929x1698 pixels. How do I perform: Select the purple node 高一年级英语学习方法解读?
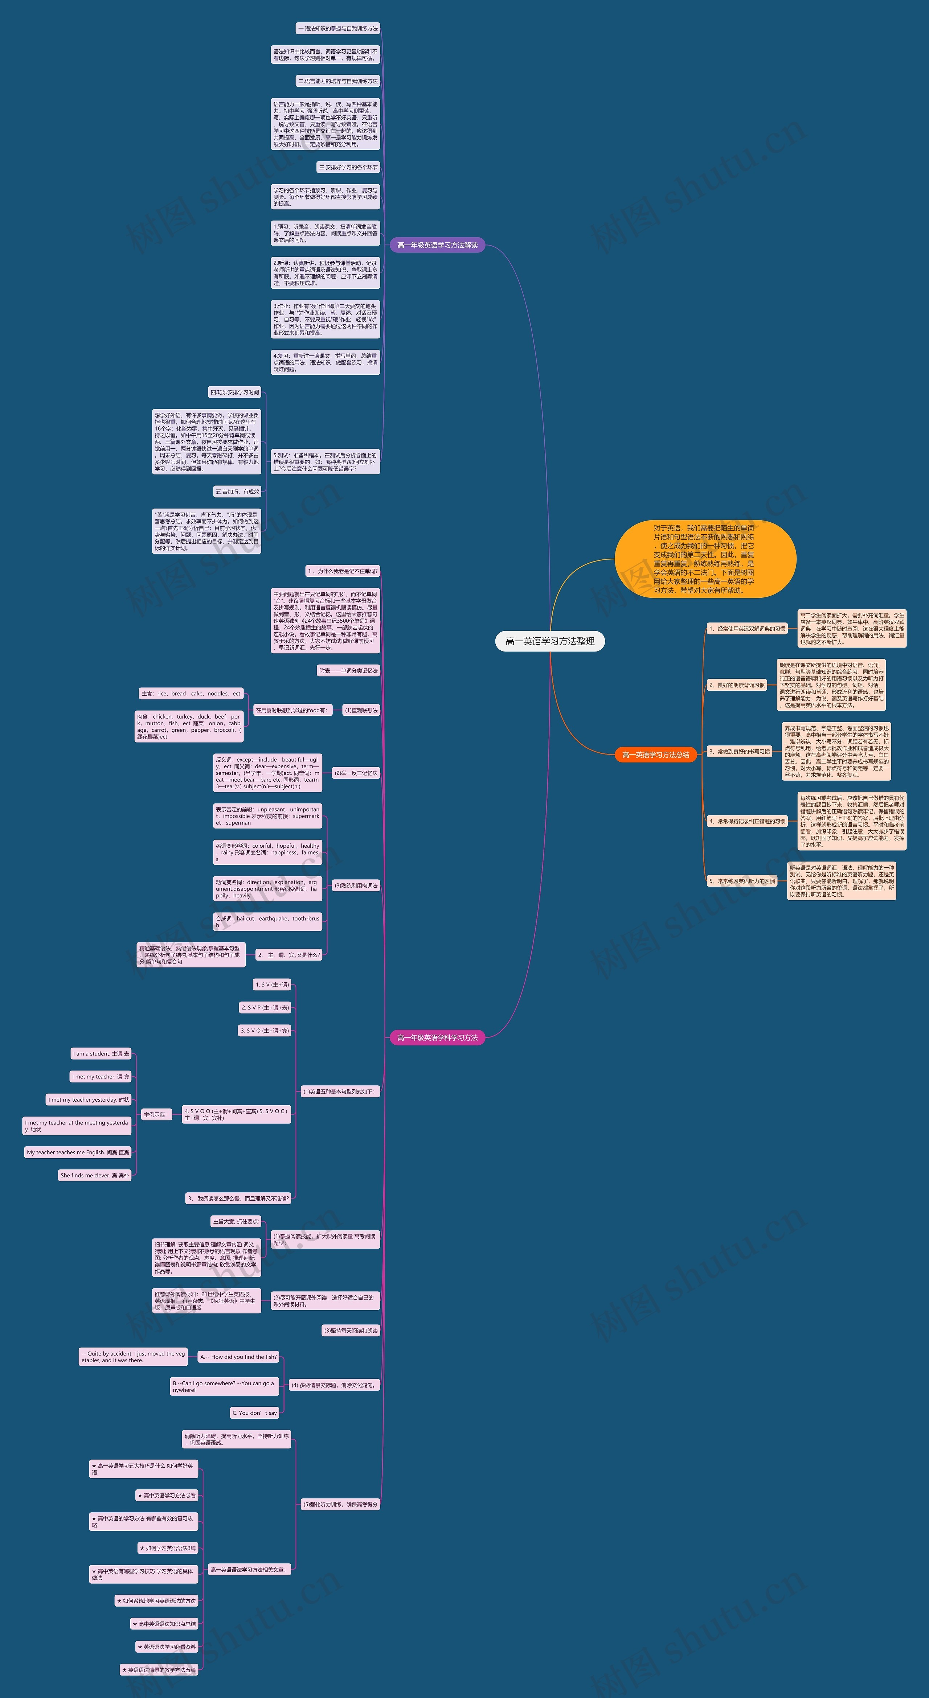pos(437,245)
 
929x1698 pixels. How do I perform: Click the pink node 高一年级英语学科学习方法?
pos(437,1037)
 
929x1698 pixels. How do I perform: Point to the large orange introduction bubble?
pos(705,559)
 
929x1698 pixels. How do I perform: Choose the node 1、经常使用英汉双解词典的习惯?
pos(747,629)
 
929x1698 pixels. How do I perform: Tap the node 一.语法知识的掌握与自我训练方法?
pos(337,28)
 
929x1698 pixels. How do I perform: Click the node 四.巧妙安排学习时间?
pos(235,392)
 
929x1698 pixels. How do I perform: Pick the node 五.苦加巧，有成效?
pos(237,492)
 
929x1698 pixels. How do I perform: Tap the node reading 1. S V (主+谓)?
pos(272,985)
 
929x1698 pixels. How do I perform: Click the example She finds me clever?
pos(95,1175)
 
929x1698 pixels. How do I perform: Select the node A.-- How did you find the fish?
pos(239,1357)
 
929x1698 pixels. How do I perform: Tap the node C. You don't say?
pos(254,1413)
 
